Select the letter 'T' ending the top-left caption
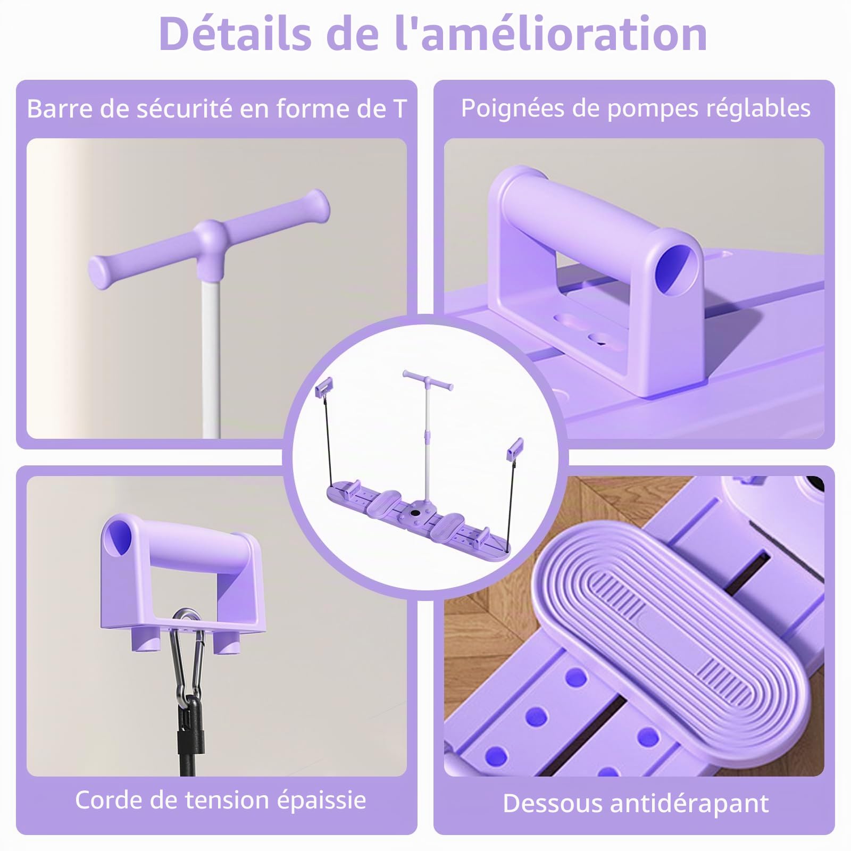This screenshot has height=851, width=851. (x=399, y=109)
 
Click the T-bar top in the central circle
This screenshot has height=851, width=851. (x=428, y=379)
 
